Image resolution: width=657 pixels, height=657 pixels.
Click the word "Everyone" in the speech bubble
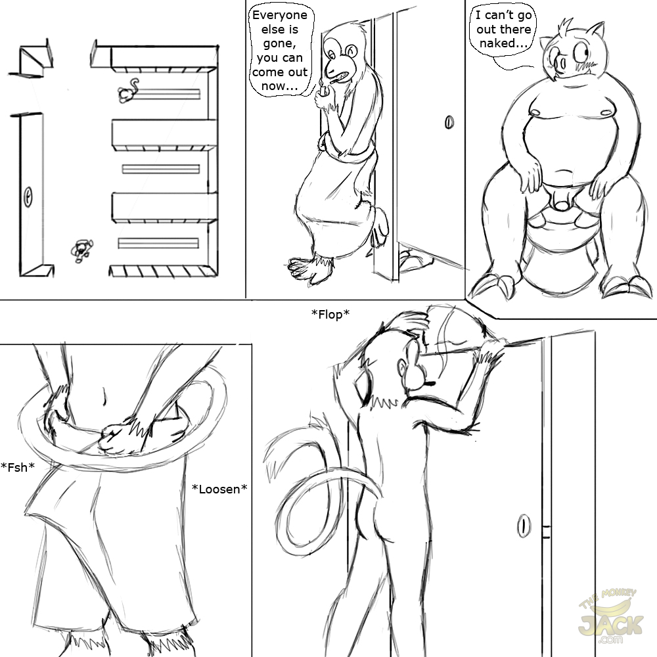click(x=280, y=16)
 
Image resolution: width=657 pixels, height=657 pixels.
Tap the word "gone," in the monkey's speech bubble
click(x=279, y=44)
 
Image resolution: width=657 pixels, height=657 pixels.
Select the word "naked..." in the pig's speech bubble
click(x=504, y=43)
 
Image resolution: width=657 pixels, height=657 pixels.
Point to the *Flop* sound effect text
click(x=330, y=314)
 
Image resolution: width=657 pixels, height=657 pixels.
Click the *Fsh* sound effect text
click(x=18, y=466)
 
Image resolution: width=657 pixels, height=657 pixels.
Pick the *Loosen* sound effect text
click(x=219, y=489)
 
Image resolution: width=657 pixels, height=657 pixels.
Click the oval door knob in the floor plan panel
click(x=28, y=196)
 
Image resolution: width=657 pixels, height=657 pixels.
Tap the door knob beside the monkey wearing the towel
click(x=449, y=122)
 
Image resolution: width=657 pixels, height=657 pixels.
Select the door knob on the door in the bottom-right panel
click(x=524, y=526)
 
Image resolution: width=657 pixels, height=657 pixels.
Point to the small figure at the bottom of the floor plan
click(x=81, y=250)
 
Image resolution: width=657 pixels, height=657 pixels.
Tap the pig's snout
click(x=558, y=64)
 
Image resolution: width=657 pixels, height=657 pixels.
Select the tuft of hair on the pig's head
click(x=566, y=27)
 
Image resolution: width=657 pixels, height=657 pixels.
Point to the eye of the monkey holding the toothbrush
click(x=331, y=55)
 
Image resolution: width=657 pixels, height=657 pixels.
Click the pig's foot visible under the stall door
click(x=413, y=259)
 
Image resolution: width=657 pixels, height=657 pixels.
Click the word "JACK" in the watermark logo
click(x=610, y=625)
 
